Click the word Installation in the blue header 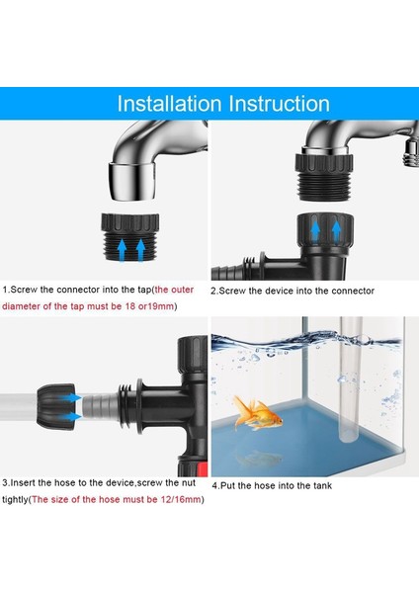coord(169,104)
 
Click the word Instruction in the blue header coord(280,104)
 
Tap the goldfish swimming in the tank coord(257,413)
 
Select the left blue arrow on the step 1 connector coord(122,250)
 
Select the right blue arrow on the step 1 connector coord(140,250)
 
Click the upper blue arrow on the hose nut coord(71,398)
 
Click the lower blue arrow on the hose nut coord(71,417)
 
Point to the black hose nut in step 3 coord(55,407)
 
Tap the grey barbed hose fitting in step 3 coord(101,406)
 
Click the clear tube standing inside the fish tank coord(351,380)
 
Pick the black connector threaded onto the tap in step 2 coord(324,174)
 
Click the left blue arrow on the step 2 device coord(315,231)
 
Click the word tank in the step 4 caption coord(321,485)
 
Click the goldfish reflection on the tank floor coord(260,459)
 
